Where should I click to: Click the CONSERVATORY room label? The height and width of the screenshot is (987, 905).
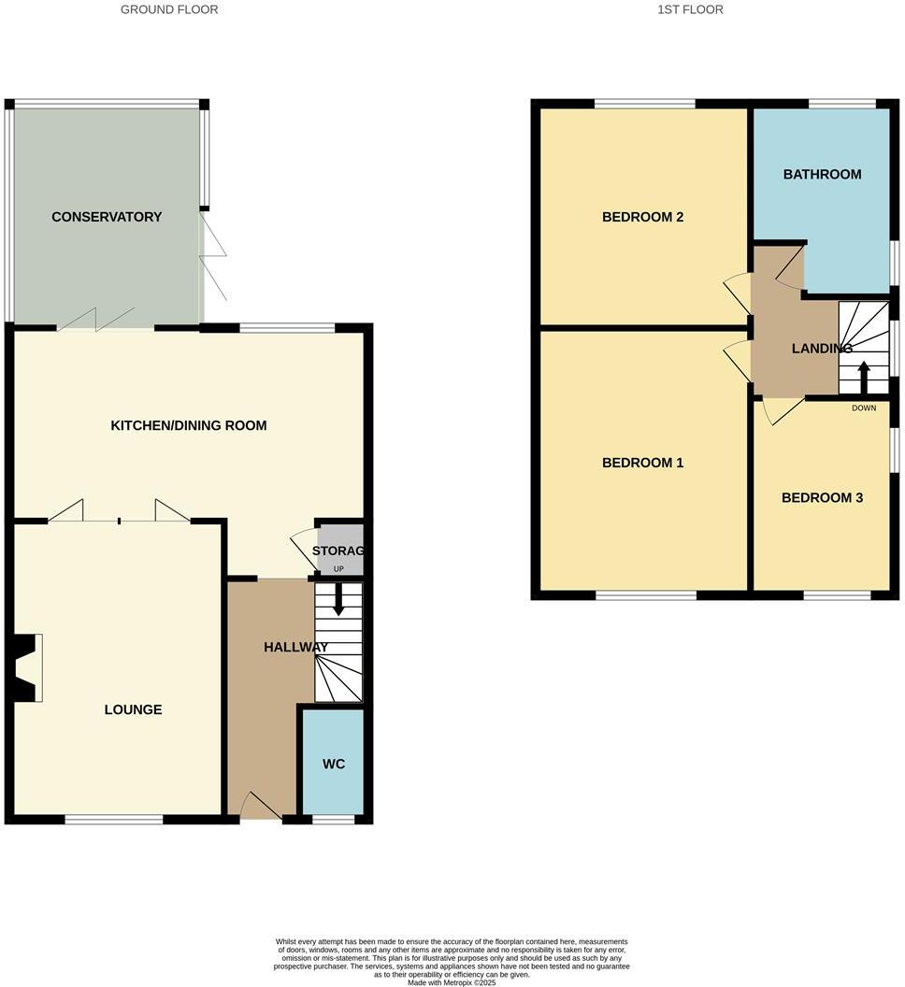click(x=107, y=217)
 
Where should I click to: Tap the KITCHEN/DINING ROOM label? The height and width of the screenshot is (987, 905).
click(x=189, y=425)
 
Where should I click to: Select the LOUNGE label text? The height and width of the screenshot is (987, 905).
click(x=133, y=709)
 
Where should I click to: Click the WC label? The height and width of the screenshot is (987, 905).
click(x=334, y=764)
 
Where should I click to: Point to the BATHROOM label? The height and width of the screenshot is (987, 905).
click(x=822, y=174)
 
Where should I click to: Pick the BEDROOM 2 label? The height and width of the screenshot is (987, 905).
click(x=642, y=217)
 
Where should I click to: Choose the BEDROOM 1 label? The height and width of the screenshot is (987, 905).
click(x=642, y=463)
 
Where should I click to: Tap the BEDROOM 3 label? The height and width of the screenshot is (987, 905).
click(x=822, y=498)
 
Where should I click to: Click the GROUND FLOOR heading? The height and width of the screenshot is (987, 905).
click(x=169, y=9)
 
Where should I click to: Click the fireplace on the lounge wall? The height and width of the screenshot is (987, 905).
click(x=26, y=667)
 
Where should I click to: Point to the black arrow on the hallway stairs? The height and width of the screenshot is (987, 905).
click(x=338, y=599)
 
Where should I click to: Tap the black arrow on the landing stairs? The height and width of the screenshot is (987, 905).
click(x=863, y=377)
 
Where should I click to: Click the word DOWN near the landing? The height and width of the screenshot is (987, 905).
click(x=864, y=408)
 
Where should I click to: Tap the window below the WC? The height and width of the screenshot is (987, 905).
click(x=334, y=820)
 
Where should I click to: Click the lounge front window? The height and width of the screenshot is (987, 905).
click(x=114, y=820)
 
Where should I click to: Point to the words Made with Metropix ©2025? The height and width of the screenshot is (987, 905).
click(x=452, y=981)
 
